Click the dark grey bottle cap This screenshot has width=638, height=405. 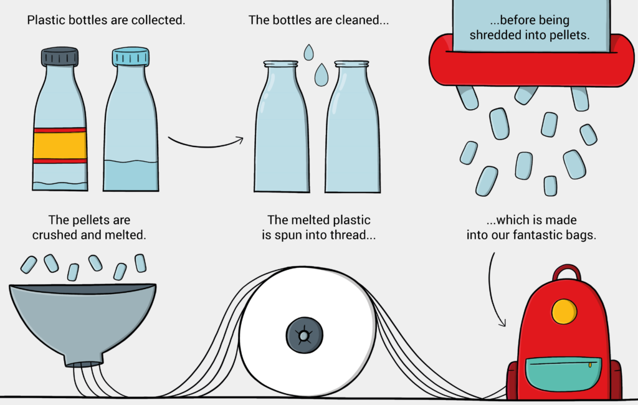(x=60, y=57)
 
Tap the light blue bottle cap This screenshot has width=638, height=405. (x=131, y=57)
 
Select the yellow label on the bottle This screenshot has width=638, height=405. (x=60, y=145)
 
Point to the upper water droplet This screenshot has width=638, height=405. (x=309, y=52)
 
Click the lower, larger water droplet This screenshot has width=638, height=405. (x=321, y=75)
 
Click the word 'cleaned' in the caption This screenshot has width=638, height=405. (x=356, y=20)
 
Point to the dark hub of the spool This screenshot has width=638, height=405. (x=304, y=335)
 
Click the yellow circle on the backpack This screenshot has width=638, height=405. (x=564, y=312)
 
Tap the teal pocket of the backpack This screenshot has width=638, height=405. (x=563, y=374)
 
